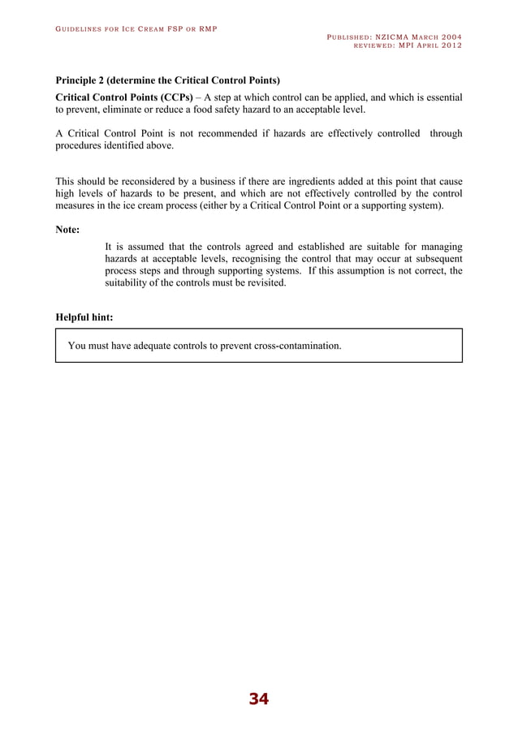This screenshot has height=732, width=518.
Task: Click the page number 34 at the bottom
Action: pyautogui.click(x=258, y=699)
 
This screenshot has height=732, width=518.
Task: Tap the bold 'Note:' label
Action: pyautogui.click(x=67, y=230)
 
